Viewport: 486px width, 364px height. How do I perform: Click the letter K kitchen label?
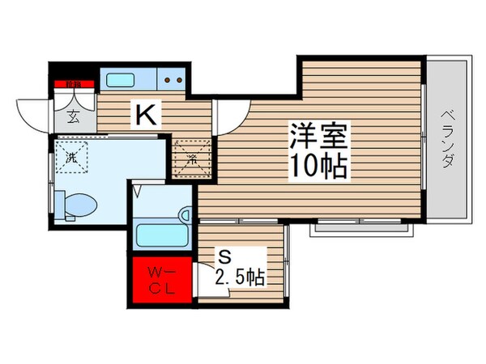[x=146, y=116]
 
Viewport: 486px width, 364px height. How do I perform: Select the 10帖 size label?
[x=320, y=166]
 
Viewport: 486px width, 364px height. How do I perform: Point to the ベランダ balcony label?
[x=447, y=137]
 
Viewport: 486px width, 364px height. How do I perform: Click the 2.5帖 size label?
[x=241, y=277]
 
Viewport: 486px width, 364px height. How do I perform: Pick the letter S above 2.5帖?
[x=226, y=256]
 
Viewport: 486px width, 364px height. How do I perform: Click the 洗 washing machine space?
[x=71, y=158]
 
